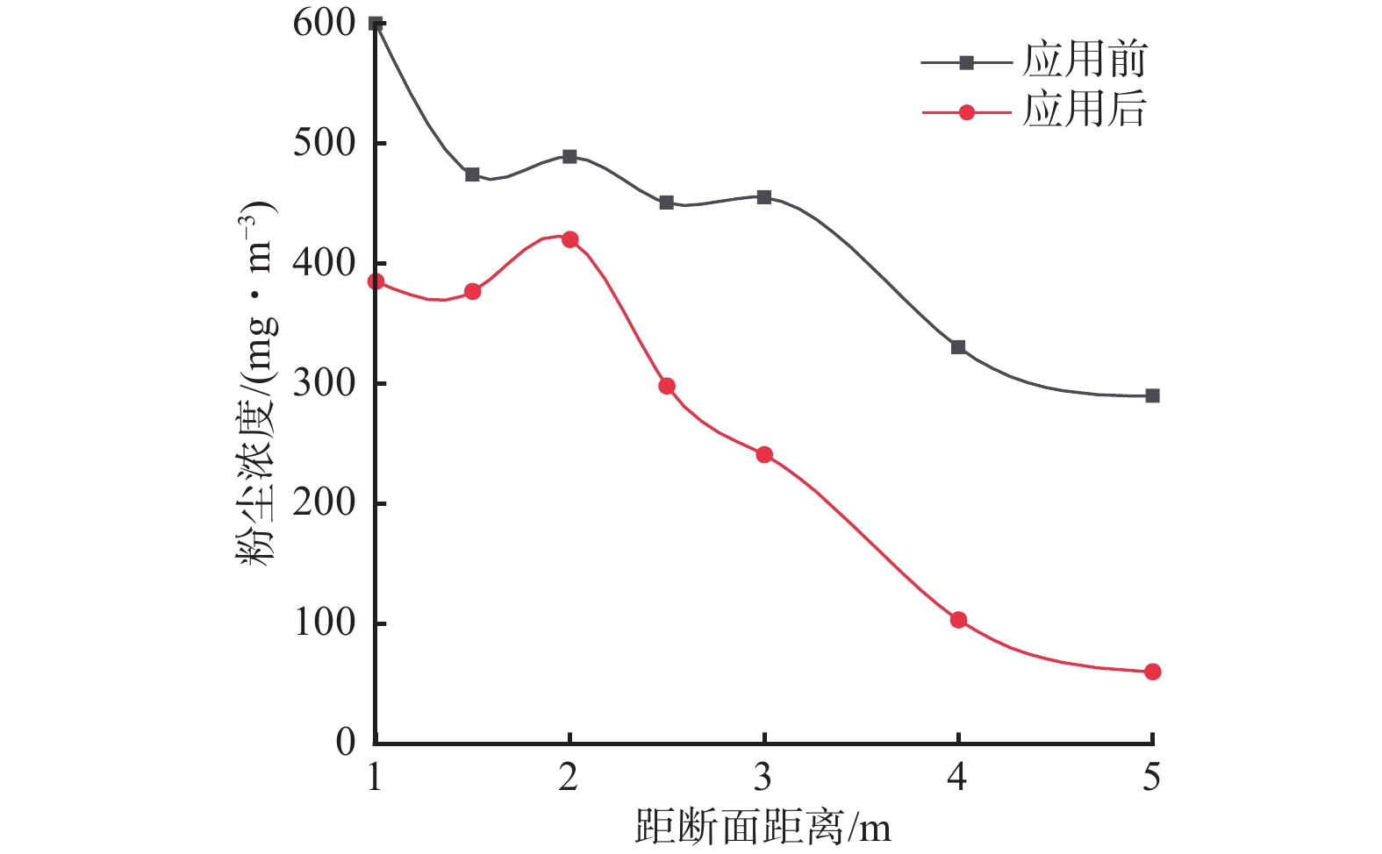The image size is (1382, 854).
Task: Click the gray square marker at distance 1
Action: (376, 24)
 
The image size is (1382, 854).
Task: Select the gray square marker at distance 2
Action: (569, 157)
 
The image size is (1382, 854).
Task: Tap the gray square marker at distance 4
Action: (958, 347)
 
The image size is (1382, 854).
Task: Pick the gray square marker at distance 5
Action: (1152, 396)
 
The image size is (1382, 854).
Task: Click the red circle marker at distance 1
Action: (376, 281)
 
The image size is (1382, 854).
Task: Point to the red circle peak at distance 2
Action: (569, 239)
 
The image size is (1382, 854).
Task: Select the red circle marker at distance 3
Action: (764, 455)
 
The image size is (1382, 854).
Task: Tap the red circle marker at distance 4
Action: (958, 620)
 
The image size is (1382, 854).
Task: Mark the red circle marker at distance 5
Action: (1152, 672)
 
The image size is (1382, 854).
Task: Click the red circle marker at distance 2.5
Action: (667, 386)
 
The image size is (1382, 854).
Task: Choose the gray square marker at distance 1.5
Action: (472, 174)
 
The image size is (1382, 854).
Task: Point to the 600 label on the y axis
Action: (324, 24)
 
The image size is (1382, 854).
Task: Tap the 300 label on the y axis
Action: (324, 383)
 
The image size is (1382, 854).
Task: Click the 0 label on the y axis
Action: (346, 743)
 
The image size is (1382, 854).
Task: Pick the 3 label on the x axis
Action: (763, 777)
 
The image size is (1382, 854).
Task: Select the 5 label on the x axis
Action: (1151, 777)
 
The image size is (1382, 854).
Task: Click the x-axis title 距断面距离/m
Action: (763, 827)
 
